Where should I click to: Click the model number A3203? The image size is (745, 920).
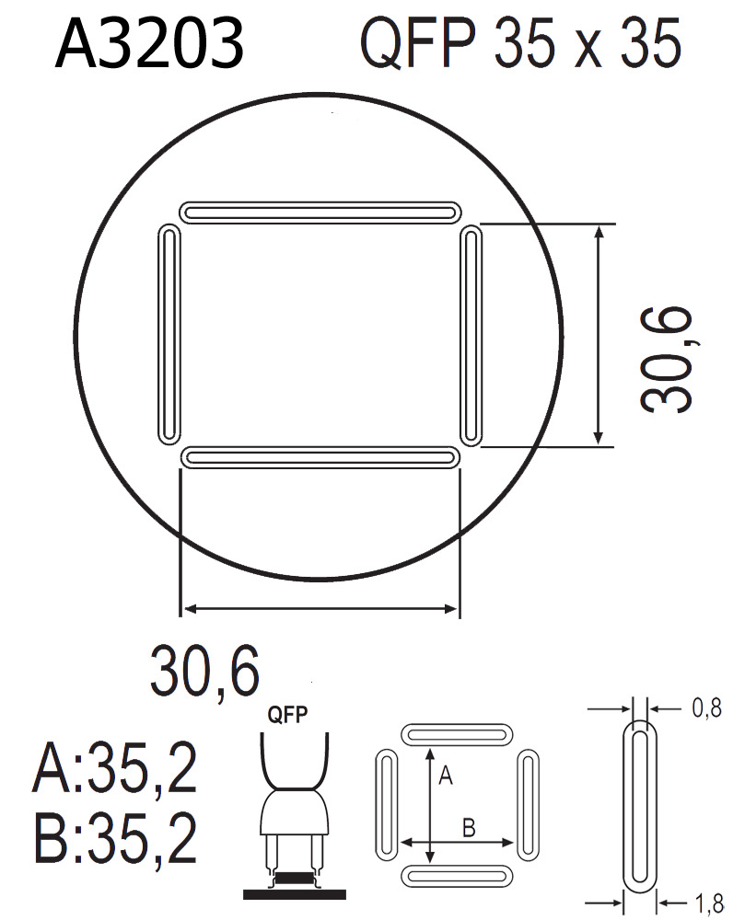click(149, 43)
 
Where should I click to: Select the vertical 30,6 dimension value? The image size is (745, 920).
click(666, 359)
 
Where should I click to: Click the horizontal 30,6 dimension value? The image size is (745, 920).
click(204, 671)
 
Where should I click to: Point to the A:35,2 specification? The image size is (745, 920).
click(115, 767)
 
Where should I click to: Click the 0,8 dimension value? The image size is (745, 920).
click(707, 708)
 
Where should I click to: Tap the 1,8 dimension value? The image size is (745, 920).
click(709, 903)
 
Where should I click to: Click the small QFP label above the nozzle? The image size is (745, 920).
click(287, 715)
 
